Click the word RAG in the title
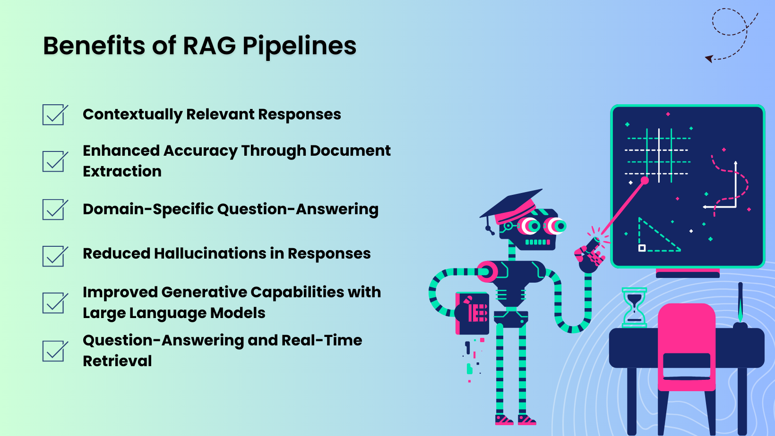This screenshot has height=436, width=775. tap(209, 46)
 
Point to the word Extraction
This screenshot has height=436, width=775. tap(122, 171)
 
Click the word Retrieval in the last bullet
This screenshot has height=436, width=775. tap(117, 361)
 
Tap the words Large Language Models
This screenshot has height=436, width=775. tap(174, 313)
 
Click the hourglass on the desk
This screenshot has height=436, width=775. tap(634, 307)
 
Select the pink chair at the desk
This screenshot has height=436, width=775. tap(687, 347)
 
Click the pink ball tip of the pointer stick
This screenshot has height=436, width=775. tap(645, 180)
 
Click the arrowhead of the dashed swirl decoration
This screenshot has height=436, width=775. tap(709, 59)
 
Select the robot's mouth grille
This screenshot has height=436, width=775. tap(537, 242)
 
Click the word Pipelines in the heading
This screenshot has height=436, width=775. tap(299, 46)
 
